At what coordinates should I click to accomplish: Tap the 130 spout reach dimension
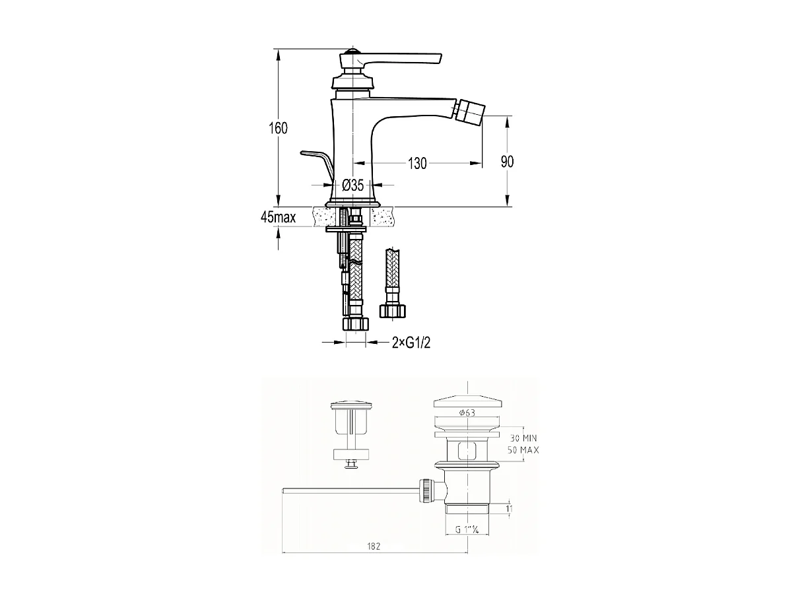coord(417,163)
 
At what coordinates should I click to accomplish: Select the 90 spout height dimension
coord(507,162)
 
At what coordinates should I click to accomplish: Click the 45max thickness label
coord(278,217)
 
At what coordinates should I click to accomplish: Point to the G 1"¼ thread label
coord(467,529)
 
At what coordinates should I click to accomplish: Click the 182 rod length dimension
coord(374,545)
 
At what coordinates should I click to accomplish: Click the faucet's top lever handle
coord(396,57)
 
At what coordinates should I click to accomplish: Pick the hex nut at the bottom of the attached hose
coord(356,325)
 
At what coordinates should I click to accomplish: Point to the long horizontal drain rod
coord(350,490)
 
